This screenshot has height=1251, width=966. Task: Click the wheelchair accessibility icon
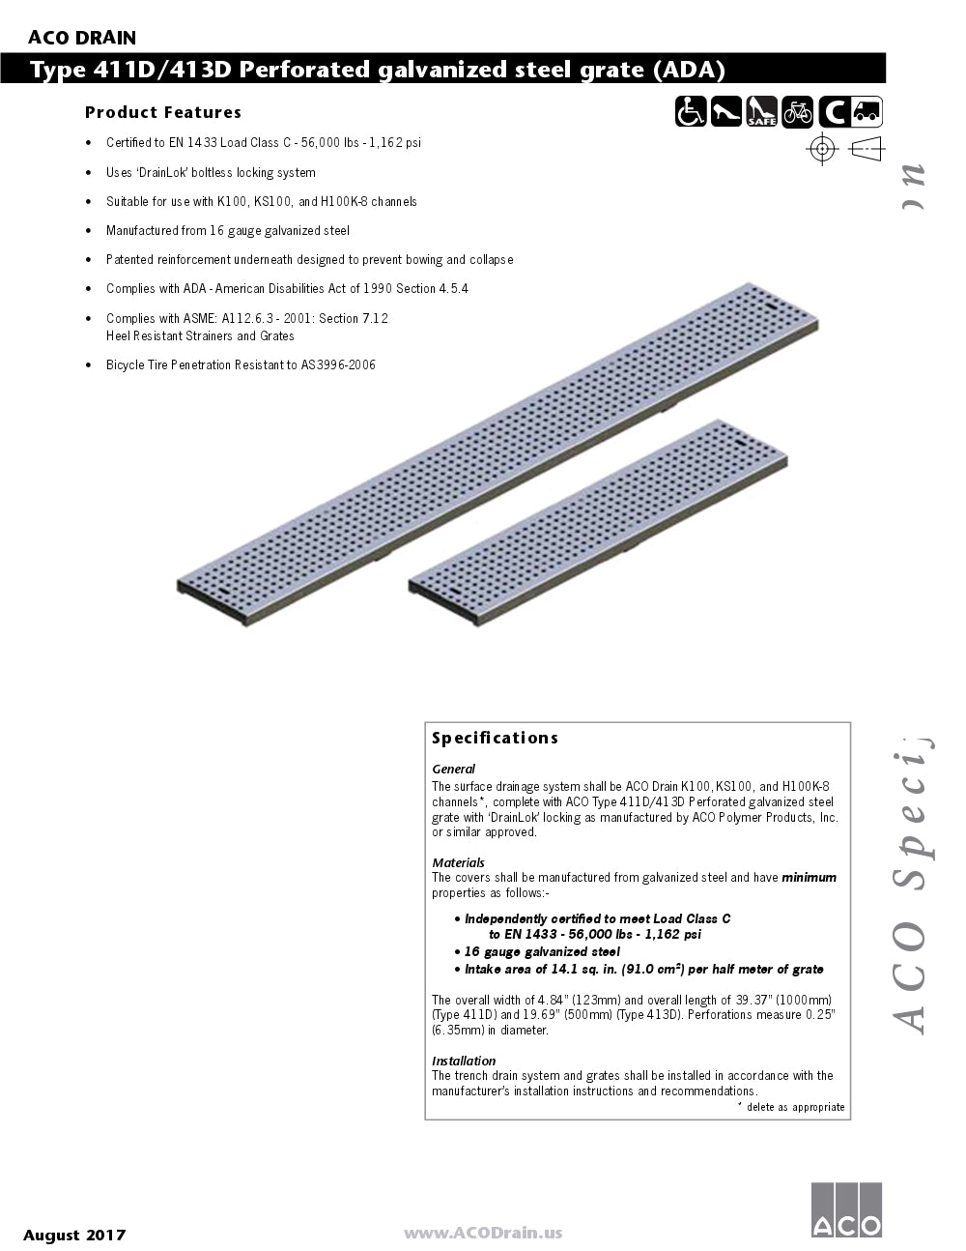tap(691, 113)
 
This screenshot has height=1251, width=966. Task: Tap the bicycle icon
tap(797, 113)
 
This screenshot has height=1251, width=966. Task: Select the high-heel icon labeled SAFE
tap(761, 113)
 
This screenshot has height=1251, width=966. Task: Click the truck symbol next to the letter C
tap(867, 113)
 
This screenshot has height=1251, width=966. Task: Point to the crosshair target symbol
tap(822, 148)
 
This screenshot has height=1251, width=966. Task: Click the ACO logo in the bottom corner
tap(845, 1208)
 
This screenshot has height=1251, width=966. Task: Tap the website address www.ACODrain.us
tap(482, 1233)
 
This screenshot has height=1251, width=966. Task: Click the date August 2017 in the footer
tap(74, 1235)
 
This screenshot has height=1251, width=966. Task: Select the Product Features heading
tap(162, 112)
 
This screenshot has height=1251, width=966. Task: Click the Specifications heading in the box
tap(495, 738)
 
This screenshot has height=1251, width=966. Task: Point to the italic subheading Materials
tap(458, 862)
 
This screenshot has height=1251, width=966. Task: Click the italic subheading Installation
tap(463, 1061)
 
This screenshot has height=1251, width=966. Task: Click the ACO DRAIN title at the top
tap(81, 38)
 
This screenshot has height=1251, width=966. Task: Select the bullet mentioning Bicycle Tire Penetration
tap(241, 365)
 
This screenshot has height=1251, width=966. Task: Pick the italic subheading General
tap(453, 770)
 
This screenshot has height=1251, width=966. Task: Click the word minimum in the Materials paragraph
tap(809, 878)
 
